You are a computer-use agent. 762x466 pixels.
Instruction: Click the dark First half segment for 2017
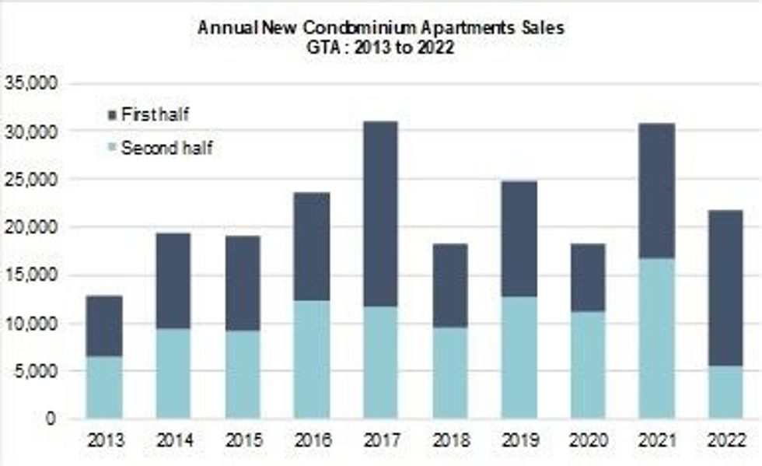(x=379, y=214)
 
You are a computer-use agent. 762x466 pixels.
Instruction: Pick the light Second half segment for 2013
(x=103, y=387)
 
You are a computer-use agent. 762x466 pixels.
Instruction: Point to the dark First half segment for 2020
(x=587, y=278)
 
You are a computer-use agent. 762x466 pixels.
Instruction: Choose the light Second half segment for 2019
(x=518, y=357)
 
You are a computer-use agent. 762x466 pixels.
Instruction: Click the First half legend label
(x=156, y=115)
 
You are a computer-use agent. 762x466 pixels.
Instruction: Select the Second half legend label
(x=166, y=148)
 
